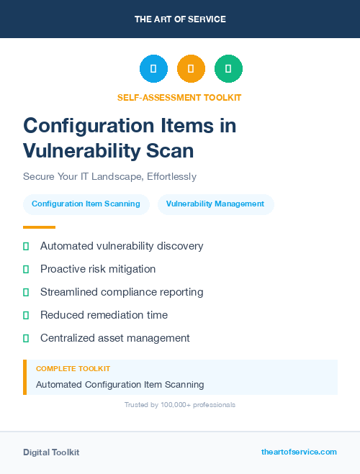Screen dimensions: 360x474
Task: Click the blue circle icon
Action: pos(153,69)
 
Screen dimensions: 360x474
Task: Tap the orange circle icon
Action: pos(191,69)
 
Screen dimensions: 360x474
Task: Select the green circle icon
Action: pos(228,69)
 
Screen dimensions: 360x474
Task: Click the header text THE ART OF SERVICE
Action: pos(180,19)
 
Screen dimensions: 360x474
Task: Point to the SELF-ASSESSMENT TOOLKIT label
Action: pos(179,97)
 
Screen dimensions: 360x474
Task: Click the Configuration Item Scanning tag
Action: pos(86,204)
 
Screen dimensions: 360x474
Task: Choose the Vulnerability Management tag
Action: pos(215,204)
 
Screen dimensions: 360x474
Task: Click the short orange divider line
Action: pos(39,227)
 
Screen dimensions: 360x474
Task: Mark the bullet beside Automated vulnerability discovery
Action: pos(26,247)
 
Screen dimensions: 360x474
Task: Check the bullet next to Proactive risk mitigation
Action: pos(26,270)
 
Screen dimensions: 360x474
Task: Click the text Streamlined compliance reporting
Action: pos(122,292)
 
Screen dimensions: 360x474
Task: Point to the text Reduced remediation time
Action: pos(104,315)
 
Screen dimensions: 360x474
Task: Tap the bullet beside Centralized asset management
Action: pos(26,338)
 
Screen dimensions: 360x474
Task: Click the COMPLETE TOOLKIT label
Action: pos(73,368)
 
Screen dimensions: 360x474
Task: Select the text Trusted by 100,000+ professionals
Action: pos(180,405)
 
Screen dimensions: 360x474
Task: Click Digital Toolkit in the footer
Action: pos(51,452)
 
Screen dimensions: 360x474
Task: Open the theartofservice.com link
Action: pos(299,452)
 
